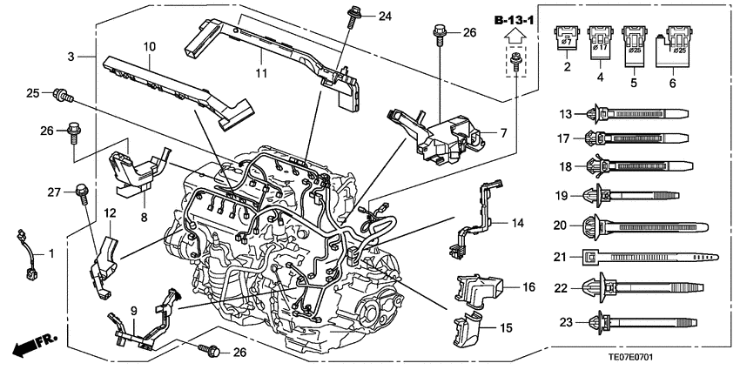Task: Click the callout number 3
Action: [x=71, y=57]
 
